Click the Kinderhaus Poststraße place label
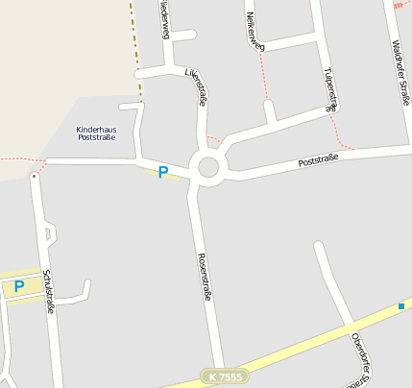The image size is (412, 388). click(96, 133)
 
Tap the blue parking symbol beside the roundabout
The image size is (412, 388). click(163, 173)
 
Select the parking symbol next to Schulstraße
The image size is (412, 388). click(18, 286)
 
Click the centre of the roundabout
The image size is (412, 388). click(208, 168)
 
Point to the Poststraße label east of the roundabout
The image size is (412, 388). click(319, 160)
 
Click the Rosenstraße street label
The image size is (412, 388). click(204, 278)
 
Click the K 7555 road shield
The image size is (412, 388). click(225, 377)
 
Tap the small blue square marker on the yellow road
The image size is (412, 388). click(400, 306)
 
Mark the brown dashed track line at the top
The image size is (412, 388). click(135, 48)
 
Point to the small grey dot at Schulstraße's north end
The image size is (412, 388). click(34, 176)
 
